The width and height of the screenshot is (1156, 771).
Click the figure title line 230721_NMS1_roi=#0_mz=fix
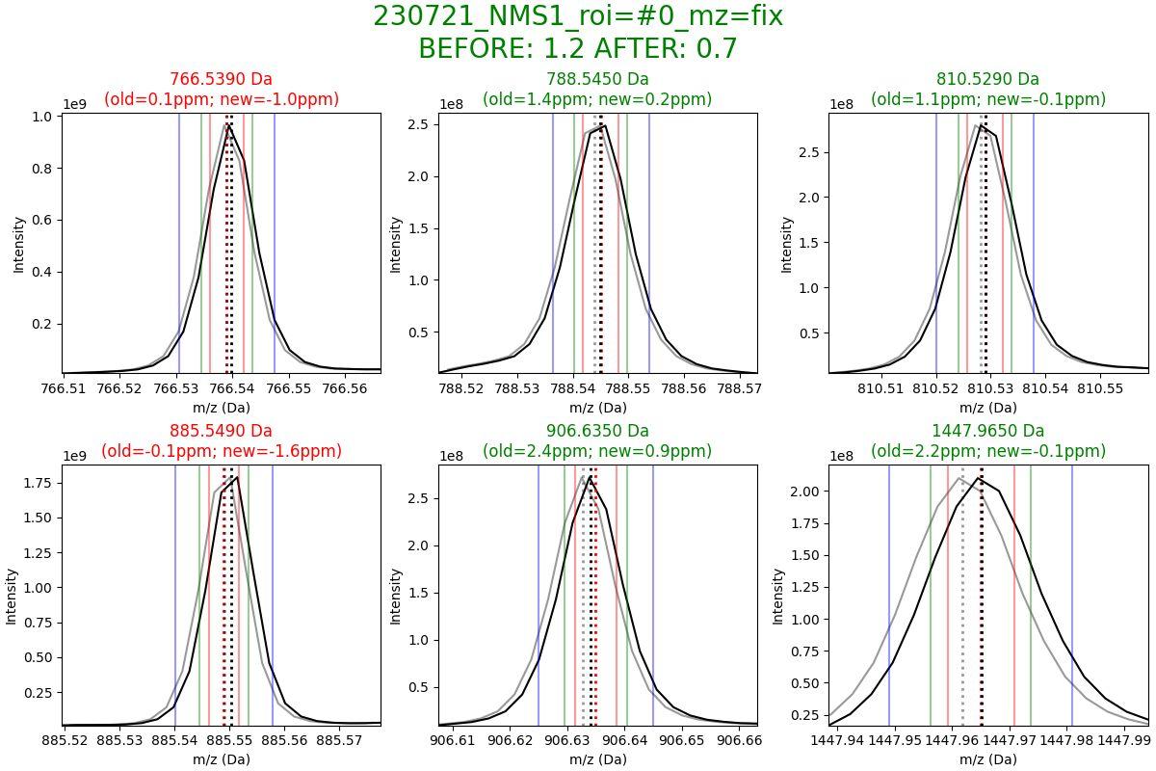[578, 16]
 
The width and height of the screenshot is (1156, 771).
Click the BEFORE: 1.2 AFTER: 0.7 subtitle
[578, 48]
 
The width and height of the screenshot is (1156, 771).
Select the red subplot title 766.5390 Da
[222, 79]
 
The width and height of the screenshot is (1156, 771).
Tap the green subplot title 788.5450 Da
[597, 79]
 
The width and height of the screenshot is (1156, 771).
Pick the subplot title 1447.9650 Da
[988, 431]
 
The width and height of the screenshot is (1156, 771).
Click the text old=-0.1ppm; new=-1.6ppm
[222, 451]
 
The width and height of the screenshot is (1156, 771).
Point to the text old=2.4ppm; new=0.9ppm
[597, 451]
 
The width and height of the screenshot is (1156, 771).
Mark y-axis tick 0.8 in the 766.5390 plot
[43, 169]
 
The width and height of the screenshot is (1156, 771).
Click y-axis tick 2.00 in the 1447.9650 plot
[804, 492]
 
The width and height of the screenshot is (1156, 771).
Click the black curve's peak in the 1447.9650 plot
[981, 478]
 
